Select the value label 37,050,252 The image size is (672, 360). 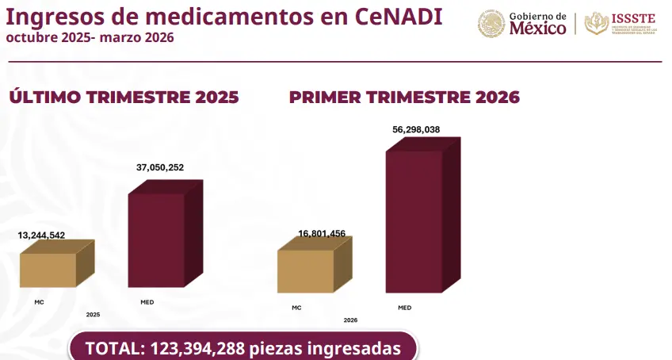160,167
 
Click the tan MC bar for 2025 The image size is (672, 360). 49,270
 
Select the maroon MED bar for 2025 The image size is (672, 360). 157,239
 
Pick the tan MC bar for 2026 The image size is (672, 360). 306,271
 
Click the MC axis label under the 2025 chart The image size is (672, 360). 39,302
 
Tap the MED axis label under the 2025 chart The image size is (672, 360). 147,302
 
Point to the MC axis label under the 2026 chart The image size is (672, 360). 296,308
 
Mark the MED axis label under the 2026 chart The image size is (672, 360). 404,308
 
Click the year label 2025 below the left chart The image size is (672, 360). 93,315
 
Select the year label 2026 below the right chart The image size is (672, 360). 350,320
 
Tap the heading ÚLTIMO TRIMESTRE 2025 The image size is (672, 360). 124,98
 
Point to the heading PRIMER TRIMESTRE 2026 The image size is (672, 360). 404,98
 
